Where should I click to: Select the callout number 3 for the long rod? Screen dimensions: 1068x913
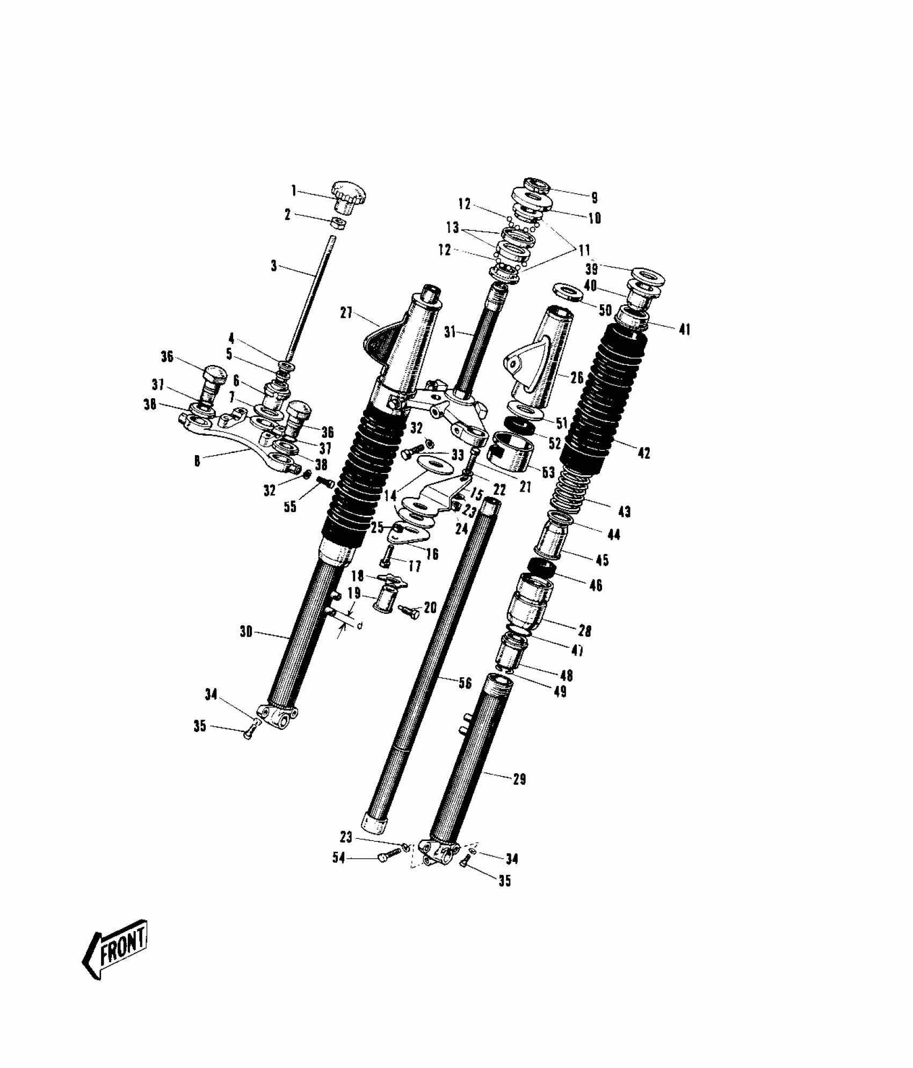[x=274, y=266]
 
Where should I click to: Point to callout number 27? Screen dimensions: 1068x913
[x=346, y=312]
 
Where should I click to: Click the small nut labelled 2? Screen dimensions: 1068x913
[x=338, y=223]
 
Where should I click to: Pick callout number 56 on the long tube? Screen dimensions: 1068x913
[x=465, y=683]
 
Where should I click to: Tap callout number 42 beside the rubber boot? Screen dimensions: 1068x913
[x=644, y=453]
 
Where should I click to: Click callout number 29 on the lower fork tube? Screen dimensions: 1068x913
[x=519, y=779]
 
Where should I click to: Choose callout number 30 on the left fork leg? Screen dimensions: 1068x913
[x=246, y=632]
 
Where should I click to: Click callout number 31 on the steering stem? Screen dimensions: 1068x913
[x=450, y=333]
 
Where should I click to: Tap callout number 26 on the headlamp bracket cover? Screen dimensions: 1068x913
[x=577, y=378]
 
